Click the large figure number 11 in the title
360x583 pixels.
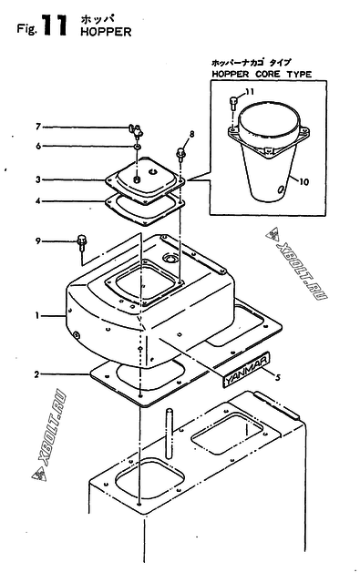click(55, 26)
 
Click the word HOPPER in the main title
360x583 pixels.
click(106, 32)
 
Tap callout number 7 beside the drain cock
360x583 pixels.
click(38, 127)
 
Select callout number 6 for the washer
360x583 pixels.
click(38, 146)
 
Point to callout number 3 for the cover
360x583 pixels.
click(38, 179)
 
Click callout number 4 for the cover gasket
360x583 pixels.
click(38, 201)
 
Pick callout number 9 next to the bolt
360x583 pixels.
click(38, 241)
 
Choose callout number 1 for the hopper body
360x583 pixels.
click(37, 316)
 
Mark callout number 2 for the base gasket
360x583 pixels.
click(36, 374)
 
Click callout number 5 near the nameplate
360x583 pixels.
click(277, 378)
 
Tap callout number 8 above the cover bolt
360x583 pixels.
click(192, 134)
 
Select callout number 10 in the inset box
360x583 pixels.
click(303, 182)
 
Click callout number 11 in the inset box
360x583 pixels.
click(250, 91)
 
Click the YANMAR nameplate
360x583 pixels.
click(246, 371)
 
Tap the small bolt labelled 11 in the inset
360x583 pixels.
click(233, 102)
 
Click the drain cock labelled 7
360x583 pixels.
click(136, 131)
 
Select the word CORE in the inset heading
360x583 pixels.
click(268, 74)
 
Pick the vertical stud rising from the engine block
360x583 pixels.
click(170, 434)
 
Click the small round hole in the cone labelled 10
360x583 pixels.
click(280, 189)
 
